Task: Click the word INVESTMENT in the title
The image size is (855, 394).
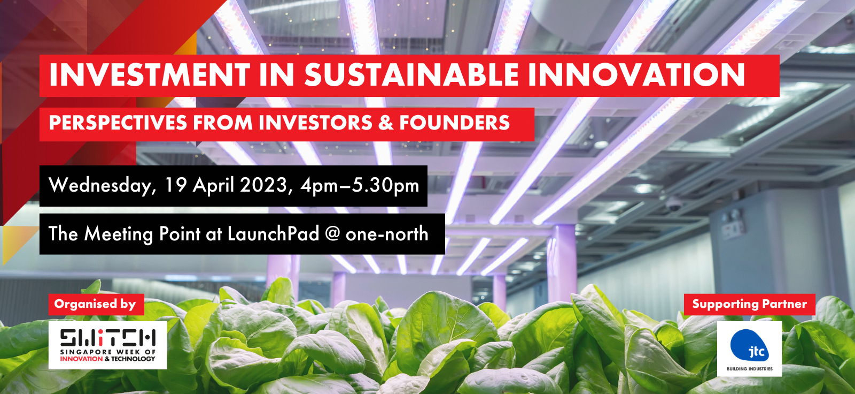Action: (149, 74)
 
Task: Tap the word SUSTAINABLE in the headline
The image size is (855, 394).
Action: (411, 74)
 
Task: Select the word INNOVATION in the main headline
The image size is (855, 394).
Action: (636, 74)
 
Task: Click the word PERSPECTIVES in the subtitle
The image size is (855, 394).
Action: (118, 123)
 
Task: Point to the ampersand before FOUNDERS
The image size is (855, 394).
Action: (386, 123)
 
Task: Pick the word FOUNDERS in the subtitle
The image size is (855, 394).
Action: (455, 123)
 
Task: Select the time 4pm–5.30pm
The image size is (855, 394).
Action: (360, 186)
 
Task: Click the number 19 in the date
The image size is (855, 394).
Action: (176, 185)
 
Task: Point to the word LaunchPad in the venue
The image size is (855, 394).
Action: (273, 234)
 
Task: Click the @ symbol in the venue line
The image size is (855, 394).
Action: (332, 234)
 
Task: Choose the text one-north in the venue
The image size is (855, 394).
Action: (387, 234)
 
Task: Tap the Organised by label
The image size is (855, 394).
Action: (95, 304)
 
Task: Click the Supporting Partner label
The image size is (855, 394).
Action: (749, 304)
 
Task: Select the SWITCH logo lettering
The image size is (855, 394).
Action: (107, 337)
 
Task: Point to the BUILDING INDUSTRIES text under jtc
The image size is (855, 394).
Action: (749, 369)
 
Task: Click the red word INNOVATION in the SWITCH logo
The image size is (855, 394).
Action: (81, 359)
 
